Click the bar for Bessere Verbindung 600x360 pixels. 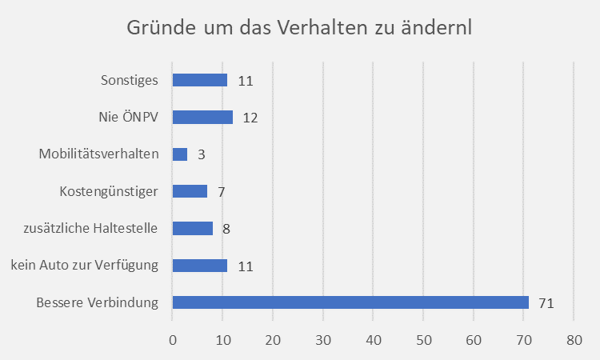pyautogui.click(x=350, y=302)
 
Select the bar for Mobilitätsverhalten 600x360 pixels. pyautogui.click(x=180, y=154)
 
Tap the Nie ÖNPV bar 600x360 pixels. pyautogui.click(x=202, y=118)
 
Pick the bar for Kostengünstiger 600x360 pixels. pyautogui.click(x=190, y=191)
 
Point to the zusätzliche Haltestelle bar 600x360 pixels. pyautogui.click(x=193, y=228)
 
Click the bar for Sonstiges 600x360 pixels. pyautogui.click(x=200, y=80)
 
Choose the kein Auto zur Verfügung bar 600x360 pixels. pyautogui.click(x=200, y=266)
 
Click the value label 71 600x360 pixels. pyautogui.click(x=546, y=303)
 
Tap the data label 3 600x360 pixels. pyautogui.click(x=201, y=155)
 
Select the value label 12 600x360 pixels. pyautogui.click(x=250, y=118)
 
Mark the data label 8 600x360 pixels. pyautogui.click(x=226, y=229)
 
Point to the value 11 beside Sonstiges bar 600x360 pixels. pyautogui.click(x=245, y=81)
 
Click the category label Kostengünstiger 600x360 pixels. pyautogui.click(x=109, y=191)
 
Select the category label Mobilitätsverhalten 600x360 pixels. pyautogui.click(x=99, y=154)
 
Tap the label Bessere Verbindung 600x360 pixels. pyautogui.click(x=97, y=302)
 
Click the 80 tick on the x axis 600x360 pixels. pyautogui.click(x=574, y=338)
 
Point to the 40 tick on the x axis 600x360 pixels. pyautogui.click(x=373, y=338)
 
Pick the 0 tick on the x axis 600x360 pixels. pyautogui.click(x=173, y=338)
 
